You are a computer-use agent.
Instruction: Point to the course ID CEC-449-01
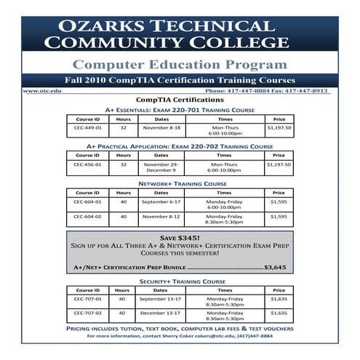[x=87, y=127]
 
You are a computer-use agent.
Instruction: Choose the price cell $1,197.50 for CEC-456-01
[x=279, y=164]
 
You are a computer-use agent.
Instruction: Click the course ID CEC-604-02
[x=87, y=216]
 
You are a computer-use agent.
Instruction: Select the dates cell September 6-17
[x=161, y=201]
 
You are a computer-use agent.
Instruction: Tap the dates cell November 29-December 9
[x=161, y=167]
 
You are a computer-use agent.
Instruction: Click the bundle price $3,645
[x=276, y=268]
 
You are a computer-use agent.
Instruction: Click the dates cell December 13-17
[x=161, y=313]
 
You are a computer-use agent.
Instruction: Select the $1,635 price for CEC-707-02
[x=279, y=313]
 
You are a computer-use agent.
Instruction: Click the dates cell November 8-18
[x=161, y=127]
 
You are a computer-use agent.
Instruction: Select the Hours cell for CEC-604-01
[x=124, y=201]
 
